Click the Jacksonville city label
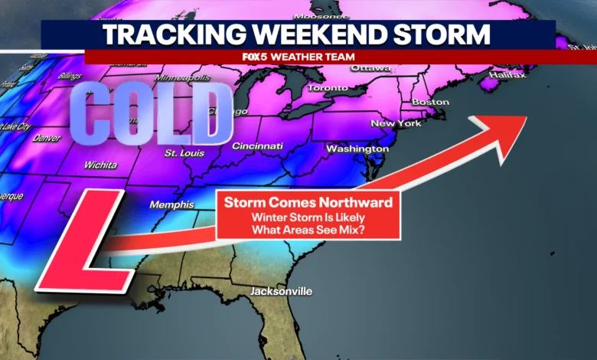(x=281, y=292)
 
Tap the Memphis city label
(x=170, y=205)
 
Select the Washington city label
(x=357, y=148)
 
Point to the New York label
(x=396, y=123)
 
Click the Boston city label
(x=430, y=102)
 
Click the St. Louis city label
(x=184, y=153)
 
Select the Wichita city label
(x=101, y=165)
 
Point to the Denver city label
(x=47, y=139)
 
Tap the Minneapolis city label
(x=182, y=78)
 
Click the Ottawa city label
(x=370, y=68)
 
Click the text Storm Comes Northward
(x=308, y=203)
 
